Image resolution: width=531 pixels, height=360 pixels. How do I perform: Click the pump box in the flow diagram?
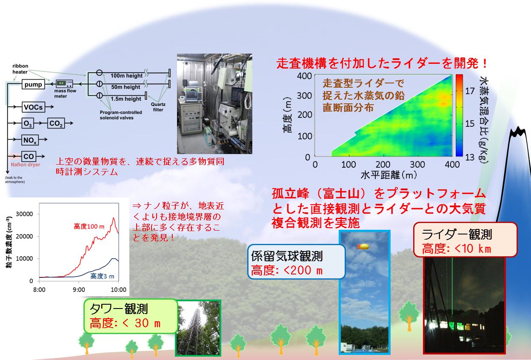[x=33, y=84]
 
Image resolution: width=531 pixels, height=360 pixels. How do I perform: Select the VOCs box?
[x=33, y=107]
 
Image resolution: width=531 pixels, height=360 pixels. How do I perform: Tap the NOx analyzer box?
[x=30, y=140]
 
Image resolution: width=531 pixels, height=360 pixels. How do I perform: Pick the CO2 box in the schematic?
[x=56, y=123]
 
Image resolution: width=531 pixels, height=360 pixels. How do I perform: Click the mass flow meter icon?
[x=64, y=83]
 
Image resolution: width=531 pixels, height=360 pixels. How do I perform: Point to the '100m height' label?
[x=127, y=76]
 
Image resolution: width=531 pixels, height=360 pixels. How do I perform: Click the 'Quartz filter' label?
[x=158, y=107]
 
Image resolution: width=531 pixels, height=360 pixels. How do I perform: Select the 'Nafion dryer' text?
[x=26, y=165]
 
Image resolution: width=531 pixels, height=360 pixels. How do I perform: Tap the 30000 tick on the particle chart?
[x=24, y=214]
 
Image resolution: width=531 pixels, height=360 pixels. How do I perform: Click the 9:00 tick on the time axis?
[x=79, y=289]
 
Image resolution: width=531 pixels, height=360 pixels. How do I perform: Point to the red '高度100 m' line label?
[x=89, y=226]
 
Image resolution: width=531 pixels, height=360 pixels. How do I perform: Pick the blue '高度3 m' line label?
[x=102, y=276]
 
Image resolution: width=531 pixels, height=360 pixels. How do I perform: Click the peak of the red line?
[x=114, y=218]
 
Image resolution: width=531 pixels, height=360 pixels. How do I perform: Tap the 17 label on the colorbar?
[x=470, y=91]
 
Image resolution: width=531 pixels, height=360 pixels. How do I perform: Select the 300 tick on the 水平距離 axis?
[x=417, y=164]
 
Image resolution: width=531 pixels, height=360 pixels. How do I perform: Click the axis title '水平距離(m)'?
[x=389, y=175]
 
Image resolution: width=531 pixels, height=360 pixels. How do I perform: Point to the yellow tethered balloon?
[x=363, y=247]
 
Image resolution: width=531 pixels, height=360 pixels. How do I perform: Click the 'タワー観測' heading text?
[x=119, y=309]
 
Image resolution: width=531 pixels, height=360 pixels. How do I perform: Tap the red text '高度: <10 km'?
[x=456, y=249]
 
